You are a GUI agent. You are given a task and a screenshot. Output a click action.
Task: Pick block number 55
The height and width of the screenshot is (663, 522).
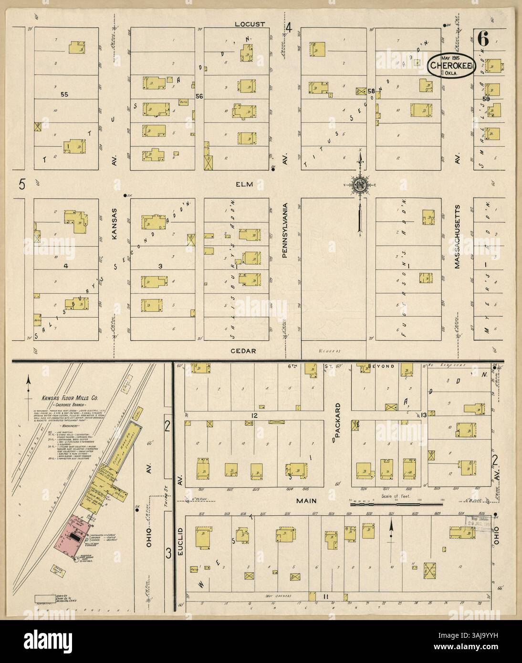pyautogui.click(x=64, y=94)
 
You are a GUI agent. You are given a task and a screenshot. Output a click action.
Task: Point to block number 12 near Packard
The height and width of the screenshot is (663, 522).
pyautogui.click(x=254, y=415)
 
